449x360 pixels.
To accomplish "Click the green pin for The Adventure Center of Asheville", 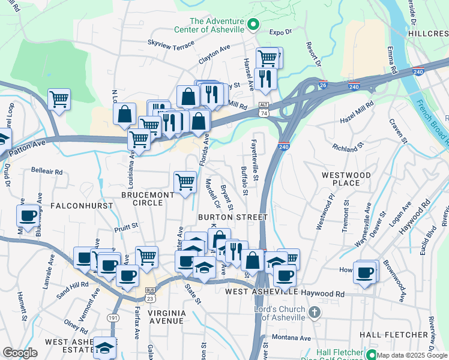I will (x=253, y=25).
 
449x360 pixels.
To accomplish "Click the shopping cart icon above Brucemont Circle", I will (x=185, y=181).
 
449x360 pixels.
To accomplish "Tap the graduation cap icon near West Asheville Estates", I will (x=104, y=347).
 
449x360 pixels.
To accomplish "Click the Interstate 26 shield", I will (x=323, y=85).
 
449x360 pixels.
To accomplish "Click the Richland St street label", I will (x=348, y=146).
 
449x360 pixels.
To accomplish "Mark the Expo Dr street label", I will (x=280, y=31).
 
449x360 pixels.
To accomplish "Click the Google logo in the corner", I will (x=20, y=353).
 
